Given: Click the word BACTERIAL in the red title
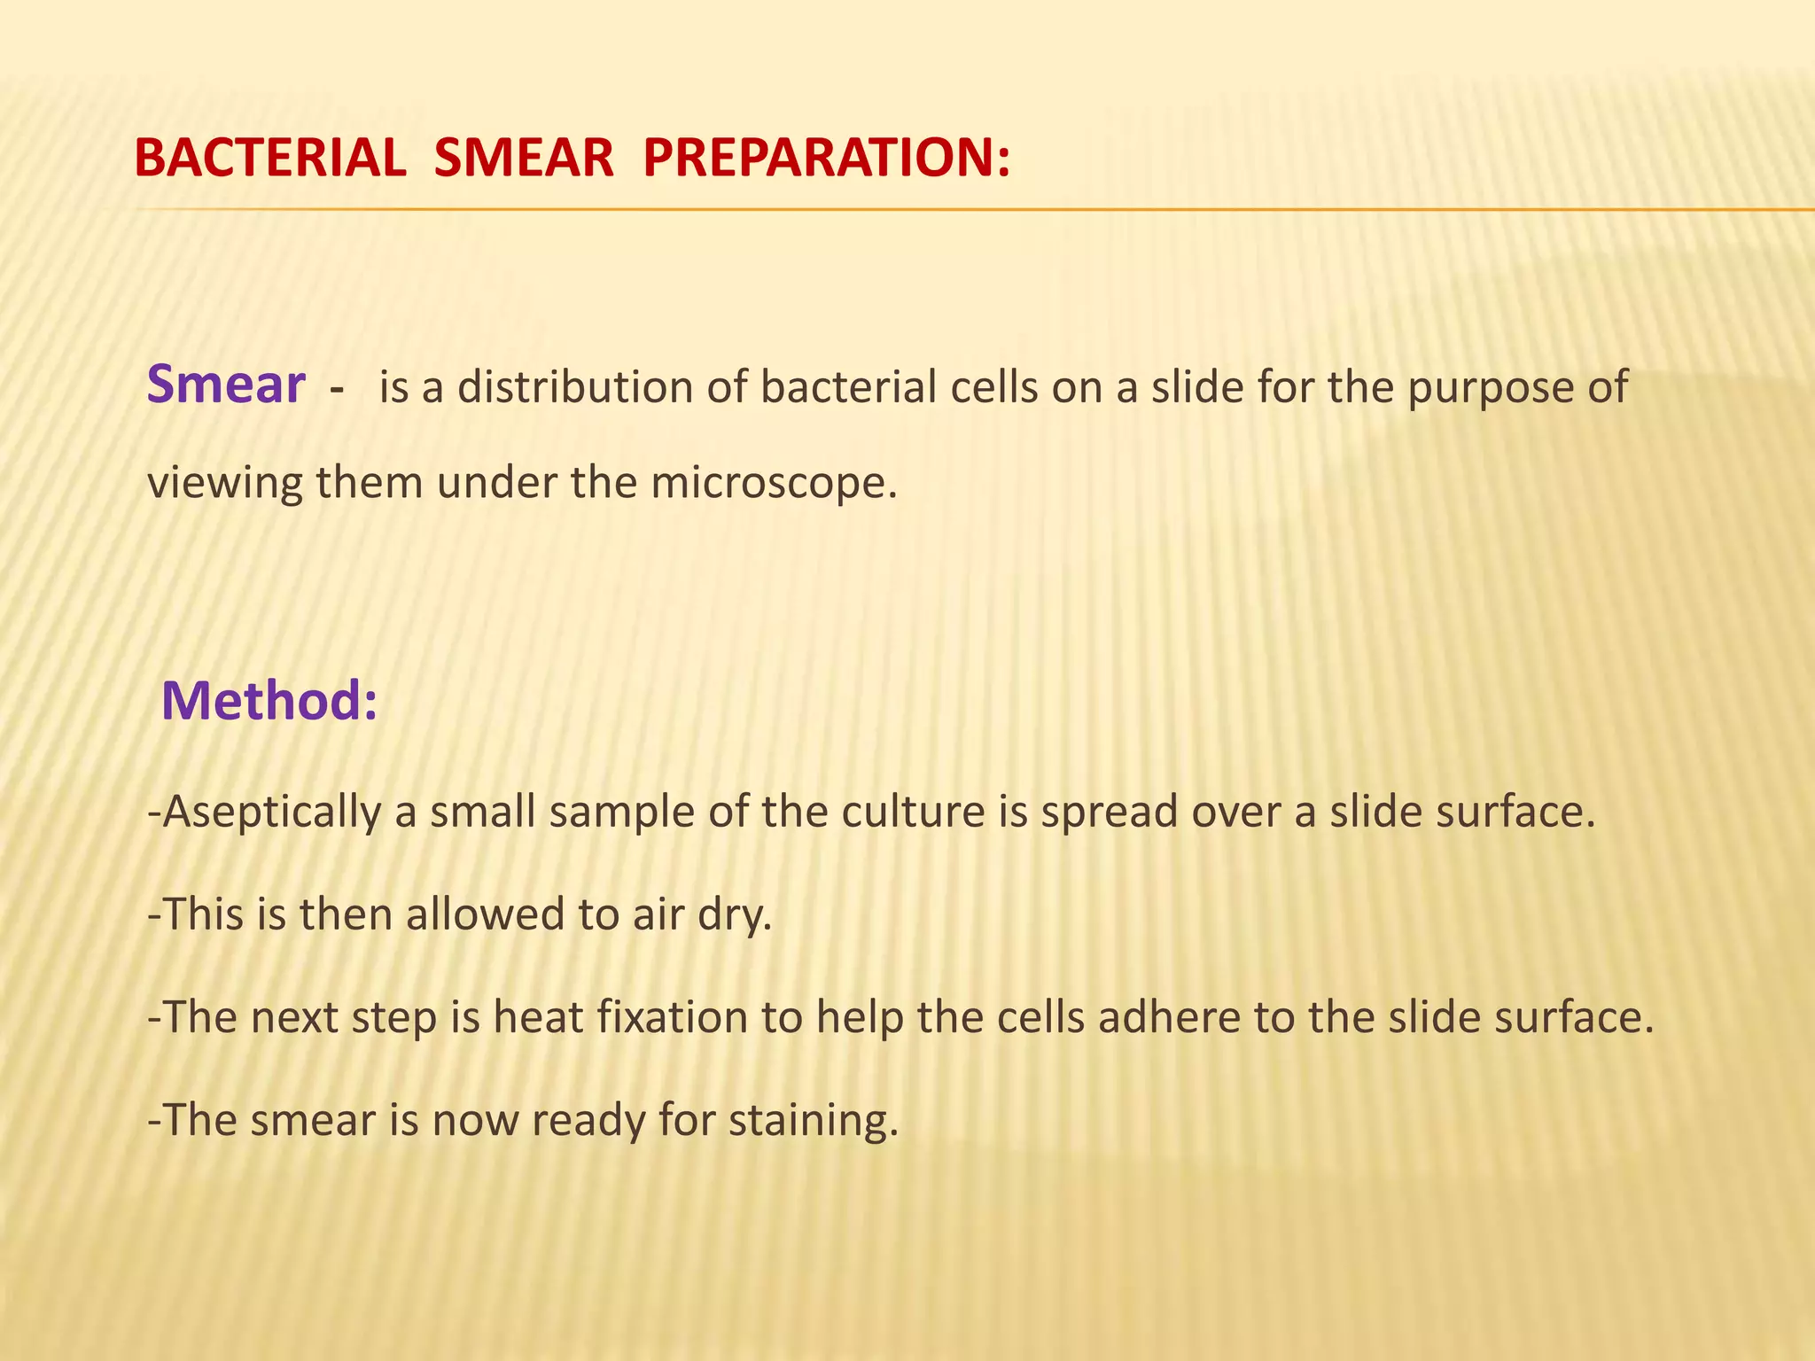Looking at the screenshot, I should pyautogui.click(x=269, y=159).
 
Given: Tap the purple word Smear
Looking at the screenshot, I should pyautogui.click(x=226, y=385).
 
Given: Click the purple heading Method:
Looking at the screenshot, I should pyautogui.click(x=269, y=700).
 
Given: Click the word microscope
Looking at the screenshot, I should pyautogui.click(x=767, y=484).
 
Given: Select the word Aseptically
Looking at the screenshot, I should pyautogui.click(x=271, y=813).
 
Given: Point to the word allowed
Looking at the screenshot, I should pyautogui.click(x=485, y=914).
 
